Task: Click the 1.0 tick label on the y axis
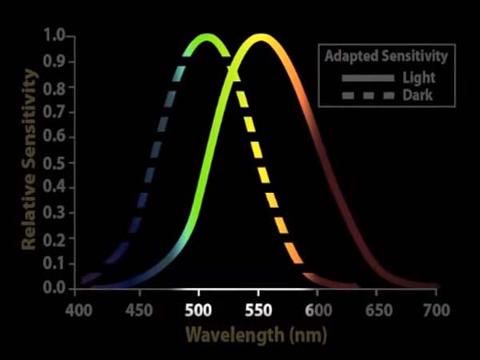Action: [x=54, y=36]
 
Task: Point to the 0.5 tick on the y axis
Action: [x=54, y=162]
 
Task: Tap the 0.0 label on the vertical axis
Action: [x=54, y=287]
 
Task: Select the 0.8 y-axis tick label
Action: [x=54, y=86]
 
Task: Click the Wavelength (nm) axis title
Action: [x=256, y=333]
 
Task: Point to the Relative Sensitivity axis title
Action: [x=30, y=160]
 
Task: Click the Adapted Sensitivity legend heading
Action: [x=385, y=57]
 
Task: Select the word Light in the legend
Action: [x=418, y=78]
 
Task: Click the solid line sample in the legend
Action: [x=368, y=78]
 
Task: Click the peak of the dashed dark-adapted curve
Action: [x=207, y=38]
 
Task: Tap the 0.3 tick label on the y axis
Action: [x=54, y=212]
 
